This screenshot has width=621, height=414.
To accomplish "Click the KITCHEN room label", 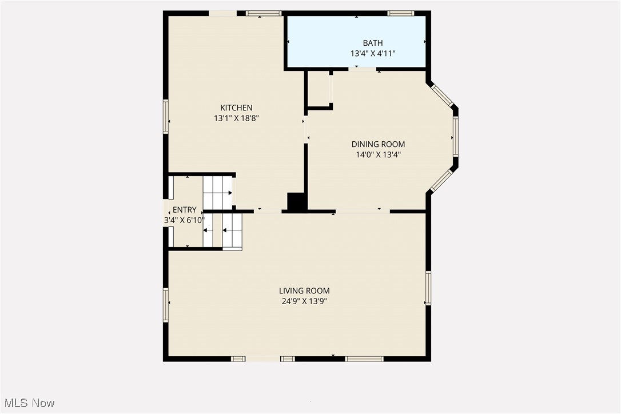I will (x=236, y=108).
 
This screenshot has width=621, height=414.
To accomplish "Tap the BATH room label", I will (x=373, y=43).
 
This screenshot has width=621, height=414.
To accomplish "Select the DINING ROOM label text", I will (x=378, y=144).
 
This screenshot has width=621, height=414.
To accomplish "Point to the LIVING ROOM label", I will (x=304, y=290).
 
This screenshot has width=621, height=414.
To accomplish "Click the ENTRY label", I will (x=184, y=210).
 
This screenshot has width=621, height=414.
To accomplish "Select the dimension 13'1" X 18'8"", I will (x=236, y=118).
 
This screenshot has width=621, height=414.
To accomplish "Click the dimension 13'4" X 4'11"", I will (x=373, y=53).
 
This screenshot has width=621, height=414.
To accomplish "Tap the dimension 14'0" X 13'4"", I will (x=378, y=154).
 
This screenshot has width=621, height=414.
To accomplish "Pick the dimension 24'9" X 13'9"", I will (x=304, y=301).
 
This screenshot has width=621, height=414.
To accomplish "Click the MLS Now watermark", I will (x=27, y=403).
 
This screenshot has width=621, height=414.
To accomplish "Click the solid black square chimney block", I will (x=296, y=202).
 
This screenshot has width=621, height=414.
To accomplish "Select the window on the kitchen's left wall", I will (x=166, y=117).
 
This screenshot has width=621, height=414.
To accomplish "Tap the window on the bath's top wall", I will (x=400, y=13).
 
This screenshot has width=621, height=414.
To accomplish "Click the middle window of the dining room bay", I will (x=456, y=137).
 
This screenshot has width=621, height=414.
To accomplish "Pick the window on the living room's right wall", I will (x=428, y=288).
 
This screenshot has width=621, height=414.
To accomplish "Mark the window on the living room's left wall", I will (x=166, y=305).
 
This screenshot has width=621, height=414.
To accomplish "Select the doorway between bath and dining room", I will (x=363, y=69).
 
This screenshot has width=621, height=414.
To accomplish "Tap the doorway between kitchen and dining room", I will (x=306, y=129).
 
